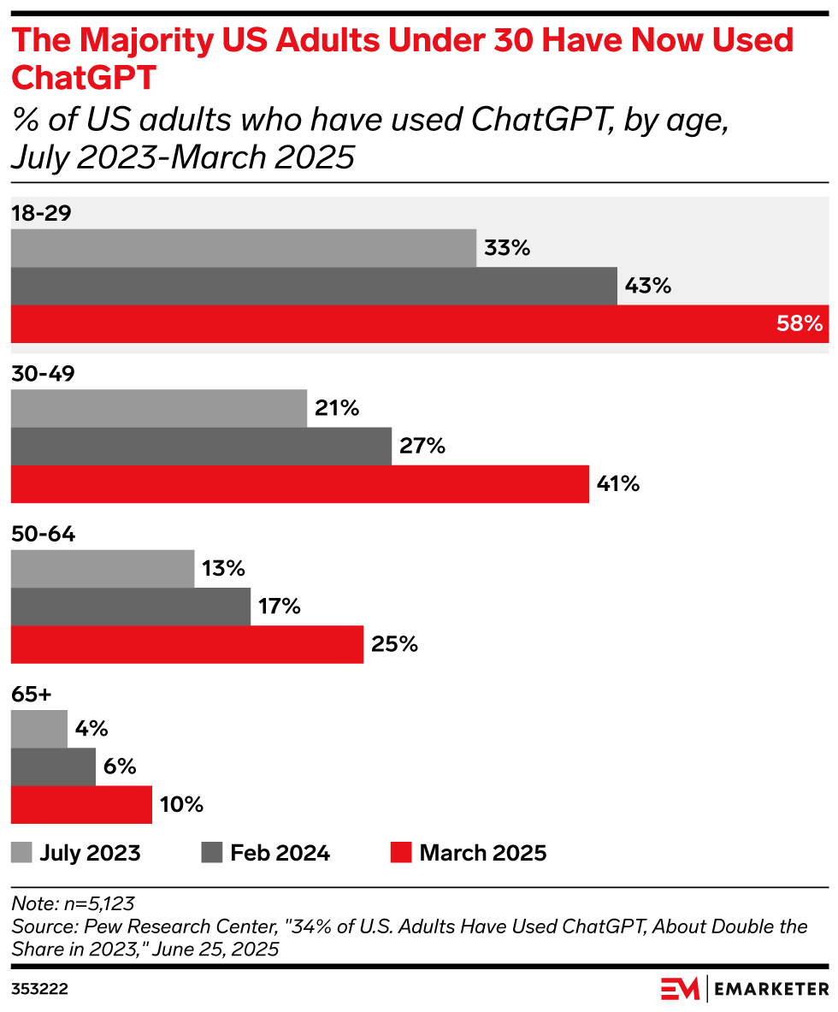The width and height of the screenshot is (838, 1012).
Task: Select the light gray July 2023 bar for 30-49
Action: click(x=158, y=408)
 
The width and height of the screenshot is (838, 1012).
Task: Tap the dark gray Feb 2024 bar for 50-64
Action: click(x=130, y=607)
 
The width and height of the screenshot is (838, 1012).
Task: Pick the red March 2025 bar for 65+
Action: click(x=81, y=805)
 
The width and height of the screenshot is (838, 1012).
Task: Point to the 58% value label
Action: click(x=800, y=324)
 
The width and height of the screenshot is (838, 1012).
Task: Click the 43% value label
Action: click(x=647, y=286)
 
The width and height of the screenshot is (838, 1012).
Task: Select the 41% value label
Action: click(x=617, y=484)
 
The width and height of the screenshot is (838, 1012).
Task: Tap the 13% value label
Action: click(x=223, y=568)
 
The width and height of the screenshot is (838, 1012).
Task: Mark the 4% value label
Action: click(x=91, y=729)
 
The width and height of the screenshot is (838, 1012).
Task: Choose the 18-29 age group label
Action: click(x=40, y=213)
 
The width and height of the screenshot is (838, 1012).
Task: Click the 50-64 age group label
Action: click(x=43, y=535)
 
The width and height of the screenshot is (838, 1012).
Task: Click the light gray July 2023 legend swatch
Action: click(x=21, y=853)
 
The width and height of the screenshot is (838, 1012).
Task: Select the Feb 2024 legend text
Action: click(x=280, y=853)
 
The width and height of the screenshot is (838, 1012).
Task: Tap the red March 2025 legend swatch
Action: click(x=401, y=853)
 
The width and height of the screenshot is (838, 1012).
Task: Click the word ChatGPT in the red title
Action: click(x=83, y=77)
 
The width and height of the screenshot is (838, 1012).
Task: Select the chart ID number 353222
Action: click(x=39, y=989)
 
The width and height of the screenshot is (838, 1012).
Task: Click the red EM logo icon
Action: click(x=680, y=988)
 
